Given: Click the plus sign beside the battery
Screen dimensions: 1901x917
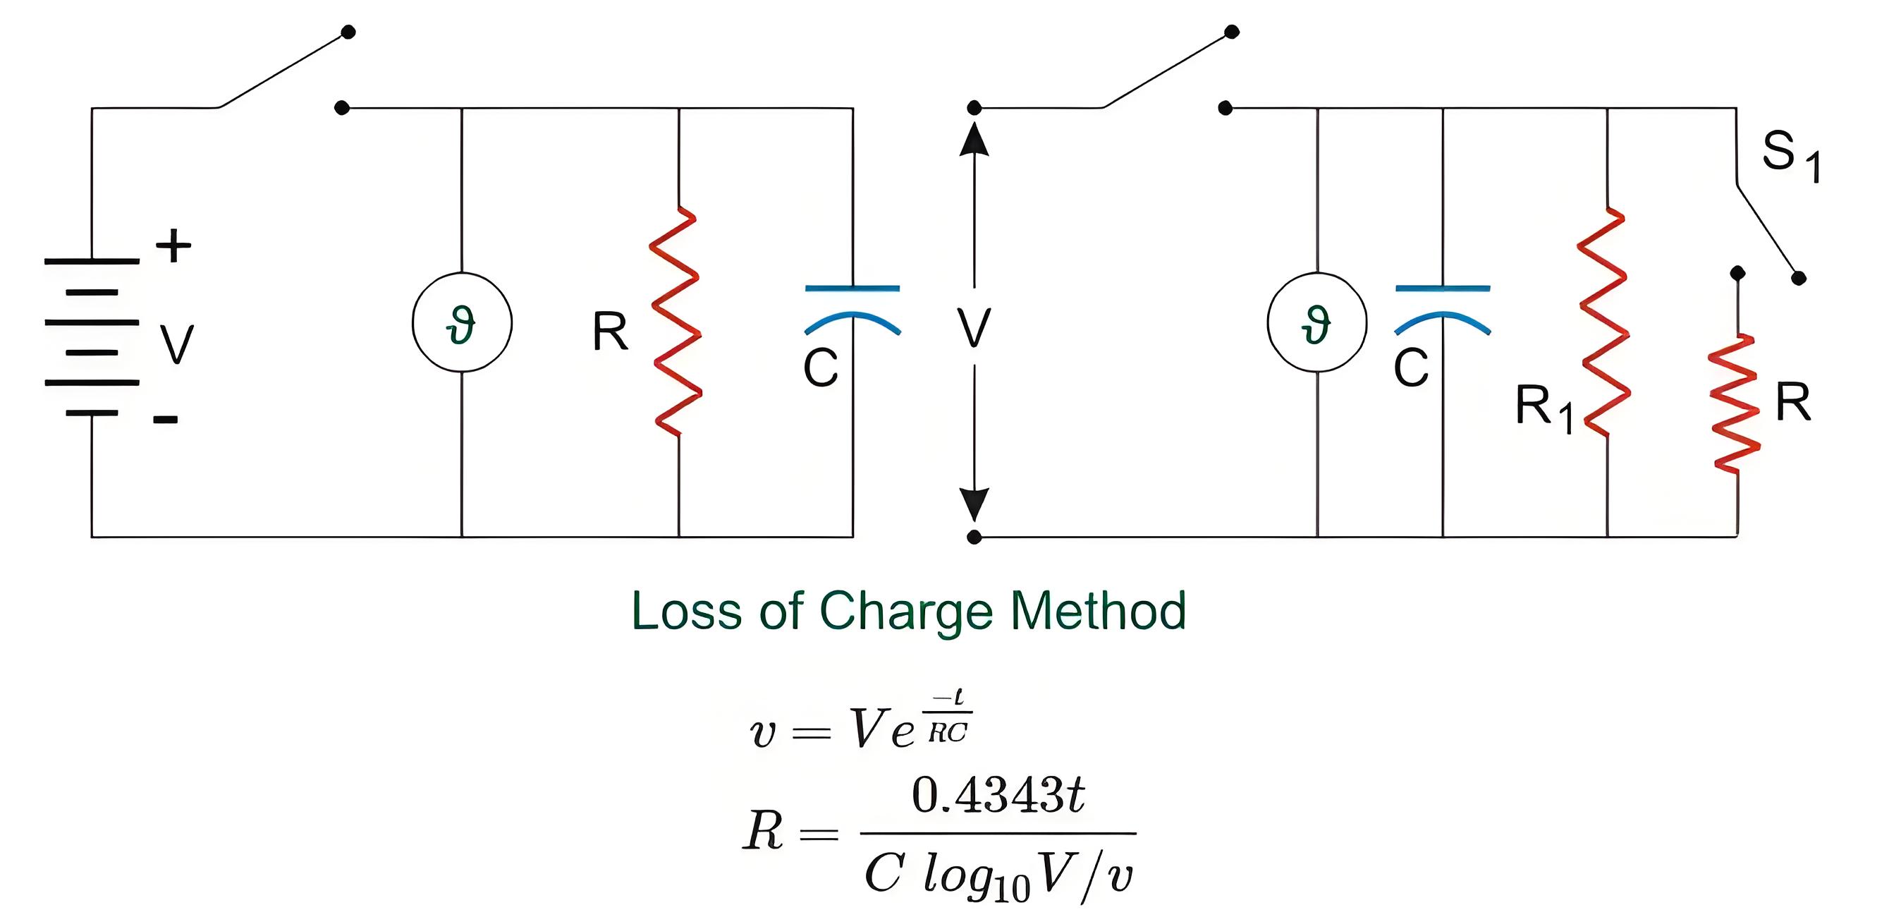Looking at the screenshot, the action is click(x=173, y=246).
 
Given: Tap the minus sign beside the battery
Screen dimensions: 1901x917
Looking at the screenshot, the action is click(x=165, y=420).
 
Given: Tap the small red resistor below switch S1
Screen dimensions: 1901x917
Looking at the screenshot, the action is click(x=1736, y=402).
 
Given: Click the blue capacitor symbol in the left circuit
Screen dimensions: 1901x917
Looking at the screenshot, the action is click(x=852, y=288).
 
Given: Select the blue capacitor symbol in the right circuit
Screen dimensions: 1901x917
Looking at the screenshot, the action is click(x=1443, y=288).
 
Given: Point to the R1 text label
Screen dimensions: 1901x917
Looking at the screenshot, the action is click(x=1544, y=408).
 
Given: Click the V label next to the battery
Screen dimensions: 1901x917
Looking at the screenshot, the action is click(x=177, y=345).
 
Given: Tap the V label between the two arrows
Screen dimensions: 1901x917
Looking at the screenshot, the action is click(x=974, y=328).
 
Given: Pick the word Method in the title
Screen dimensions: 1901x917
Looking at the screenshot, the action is click(x=1098, y=611).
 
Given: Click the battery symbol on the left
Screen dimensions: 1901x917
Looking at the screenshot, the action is click(x=92, y=336).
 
